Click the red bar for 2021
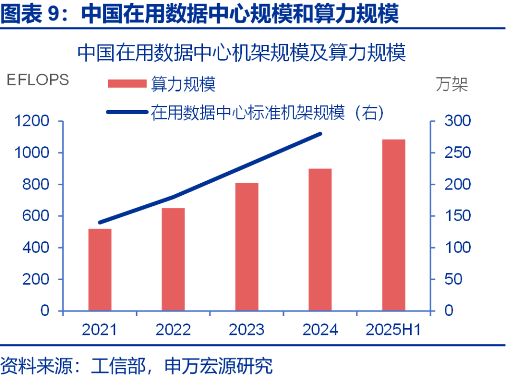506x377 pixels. click(100, 270)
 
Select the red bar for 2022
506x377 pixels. click(173, 259)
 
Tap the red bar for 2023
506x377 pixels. click(247, 246)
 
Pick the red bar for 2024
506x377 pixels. click(320, 240)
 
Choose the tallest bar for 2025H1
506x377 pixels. click(394, 225)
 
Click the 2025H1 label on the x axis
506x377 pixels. click(393, 330)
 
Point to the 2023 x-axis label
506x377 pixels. click(247, 330)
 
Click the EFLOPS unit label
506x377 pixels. click(37, 80)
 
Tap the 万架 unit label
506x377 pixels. click(452, 84)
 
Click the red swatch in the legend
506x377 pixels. click(126, 84)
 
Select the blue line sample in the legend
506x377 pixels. click(126, 112)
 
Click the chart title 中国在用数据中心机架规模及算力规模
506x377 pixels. click(241, 53)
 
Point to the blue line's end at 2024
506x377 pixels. click(320, 134)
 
